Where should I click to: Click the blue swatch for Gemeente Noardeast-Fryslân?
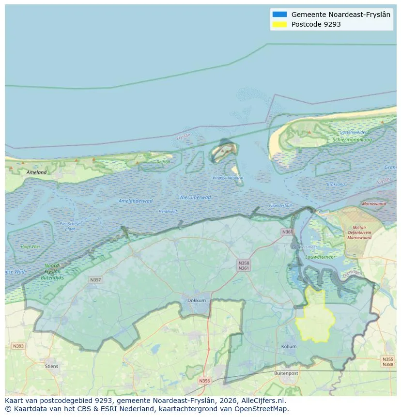pos(279,15)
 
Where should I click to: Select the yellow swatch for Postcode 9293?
pos(279,24)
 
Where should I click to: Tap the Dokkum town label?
pos(197,300)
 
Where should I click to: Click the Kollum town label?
pos(289,347)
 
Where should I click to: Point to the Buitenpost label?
pos(285,373)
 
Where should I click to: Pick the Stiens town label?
pos(52,366)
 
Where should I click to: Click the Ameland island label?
pos(37,172)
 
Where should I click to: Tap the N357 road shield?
pos(95,280)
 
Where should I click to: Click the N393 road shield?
pos(18,346)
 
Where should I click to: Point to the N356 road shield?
pos(205,381)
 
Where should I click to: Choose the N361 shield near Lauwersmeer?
pos(287,232)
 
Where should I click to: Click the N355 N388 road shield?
pos(387,362)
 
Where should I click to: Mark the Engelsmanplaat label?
pos(228,178)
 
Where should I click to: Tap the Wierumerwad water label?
pos(195,197)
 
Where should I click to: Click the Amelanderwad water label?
pos(135,201)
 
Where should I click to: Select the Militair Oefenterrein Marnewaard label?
pos(359,232)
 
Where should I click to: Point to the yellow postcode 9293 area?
pos(316,317)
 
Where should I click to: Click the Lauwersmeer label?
pos(320,257)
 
